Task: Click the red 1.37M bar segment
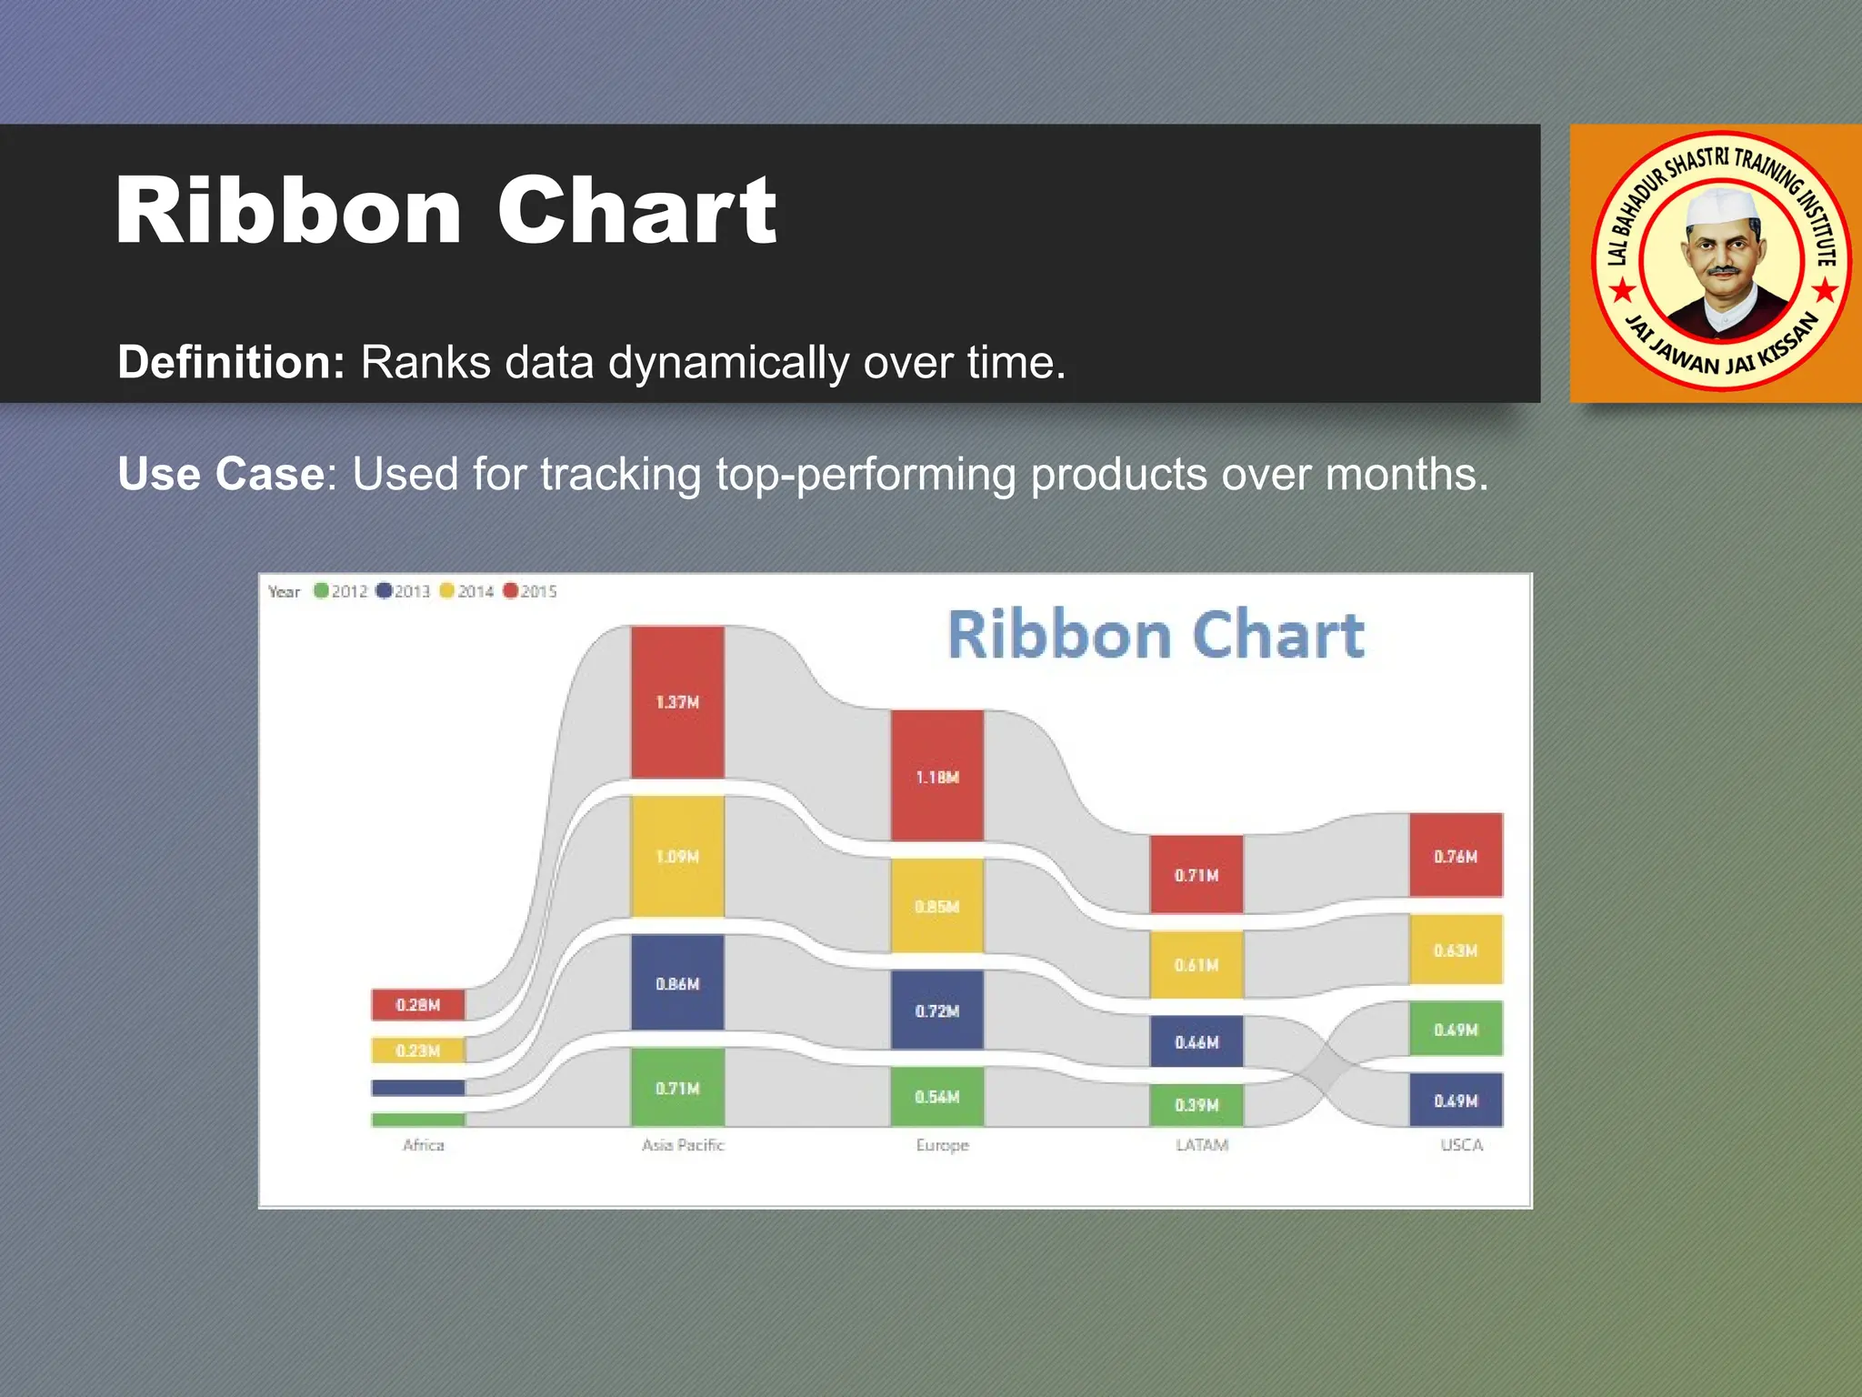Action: pyautogui.click(x=677, y=701)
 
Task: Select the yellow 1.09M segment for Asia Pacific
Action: pyautogui.click(x=677, y=856)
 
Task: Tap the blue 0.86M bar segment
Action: pyautogui.click(x=677, y=983)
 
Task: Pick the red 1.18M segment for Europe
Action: pyautogui.click(x=936, y=776)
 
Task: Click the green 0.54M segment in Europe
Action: pyautogui.click(x=936, y=1096)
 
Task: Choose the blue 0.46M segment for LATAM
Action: pyautogui.click(x=1196, y=1041)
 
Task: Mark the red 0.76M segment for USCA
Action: pyautogui.click(x=1456, y=856)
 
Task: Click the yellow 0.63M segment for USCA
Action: pyautogui.click(x=1456, y=950)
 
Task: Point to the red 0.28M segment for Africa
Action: pyautogui.click(x=417, y=1004)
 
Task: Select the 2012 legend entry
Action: pyautogui.click(x=341, y=591)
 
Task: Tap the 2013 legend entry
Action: pyautogui.click(x=404, y=591)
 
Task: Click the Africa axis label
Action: pyautogui.click(x=424, y=1145)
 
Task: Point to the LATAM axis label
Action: pyautogui.click(x=1202, y=1145)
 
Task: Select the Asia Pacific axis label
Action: pyautogui.click(x=683, y=1145)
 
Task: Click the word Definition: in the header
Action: pyautogui.click(x=231, y=362)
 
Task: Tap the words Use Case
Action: pyautogui.click(x=221, y=474)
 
